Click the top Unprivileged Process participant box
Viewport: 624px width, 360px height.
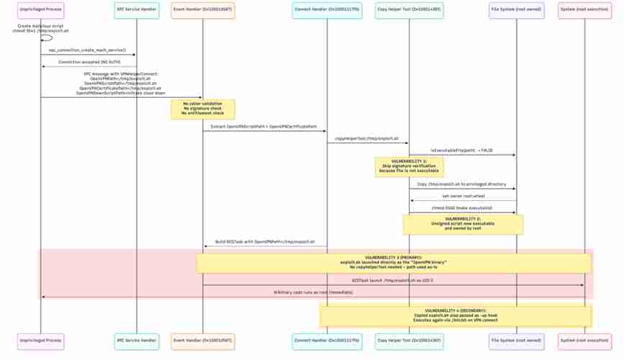tap(40, 10)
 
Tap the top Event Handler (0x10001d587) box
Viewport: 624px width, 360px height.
tap(202, 10)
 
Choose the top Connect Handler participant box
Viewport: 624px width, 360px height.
tap(327, 10)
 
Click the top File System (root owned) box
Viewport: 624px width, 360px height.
tap(516, 10)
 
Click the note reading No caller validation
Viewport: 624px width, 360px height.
tap(202, 109)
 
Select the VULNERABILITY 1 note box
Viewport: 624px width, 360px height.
tap(409, 166)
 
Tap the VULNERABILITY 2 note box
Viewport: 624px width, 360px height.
tap(463, 224)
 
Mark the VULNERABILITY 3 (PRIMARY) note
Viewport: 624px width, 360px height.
tap(394, 263)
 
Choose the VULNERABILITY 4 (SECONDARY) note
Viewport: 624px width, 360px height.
tap(456, 316)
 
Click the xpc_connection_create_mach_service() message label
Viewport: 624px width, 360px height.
tap(87, 50)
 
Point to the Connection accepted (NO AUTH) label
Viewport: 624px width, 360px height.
tap(87, 62)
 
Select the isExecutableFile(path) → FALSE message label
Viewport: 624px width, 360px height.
tap(461, 150)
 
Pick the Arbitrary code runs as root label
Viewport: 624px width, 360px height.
tap(312, 292)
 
